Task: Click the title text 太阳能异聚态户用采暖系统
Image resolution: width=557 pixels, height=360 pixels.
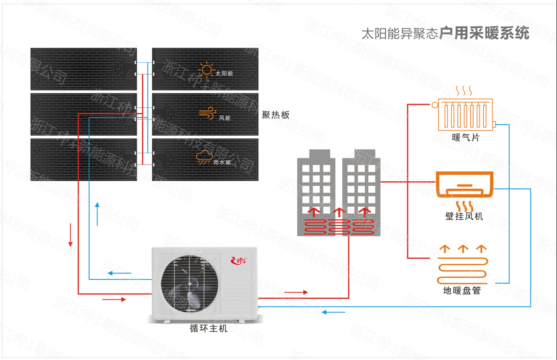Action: [x=445, y=34]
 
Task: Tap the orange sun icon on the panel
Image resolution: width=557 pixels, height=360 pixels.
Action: [x=206, y=70]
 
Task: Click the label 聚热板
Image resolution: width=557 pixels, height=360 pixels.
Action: [x=276, y=115]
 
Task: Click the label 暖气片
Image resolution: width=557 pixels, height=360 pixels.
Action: [x=466, y=137]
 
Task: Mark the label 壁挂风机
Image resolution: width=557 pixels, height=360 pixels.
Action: [x=464, y=216]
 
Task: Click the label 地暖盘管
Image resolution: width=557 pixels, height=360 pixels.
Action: [x=462, y=291]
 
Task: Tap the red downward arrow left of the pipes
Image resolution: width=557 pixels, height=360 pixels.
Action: [x=71, y=235]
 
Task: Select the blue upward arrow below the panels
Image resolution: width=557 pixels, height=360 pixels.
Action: [x=97, y=214]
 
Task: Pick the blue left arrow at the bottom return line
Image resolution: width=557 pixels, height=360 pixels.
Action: [x=334, y=312]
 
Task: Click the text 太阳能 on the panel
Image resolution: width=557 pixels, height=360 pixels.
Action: [x=224, y=74]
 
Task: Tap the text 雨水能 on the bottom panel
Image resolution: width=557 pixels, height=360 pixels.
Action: [x=222, y=163]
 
